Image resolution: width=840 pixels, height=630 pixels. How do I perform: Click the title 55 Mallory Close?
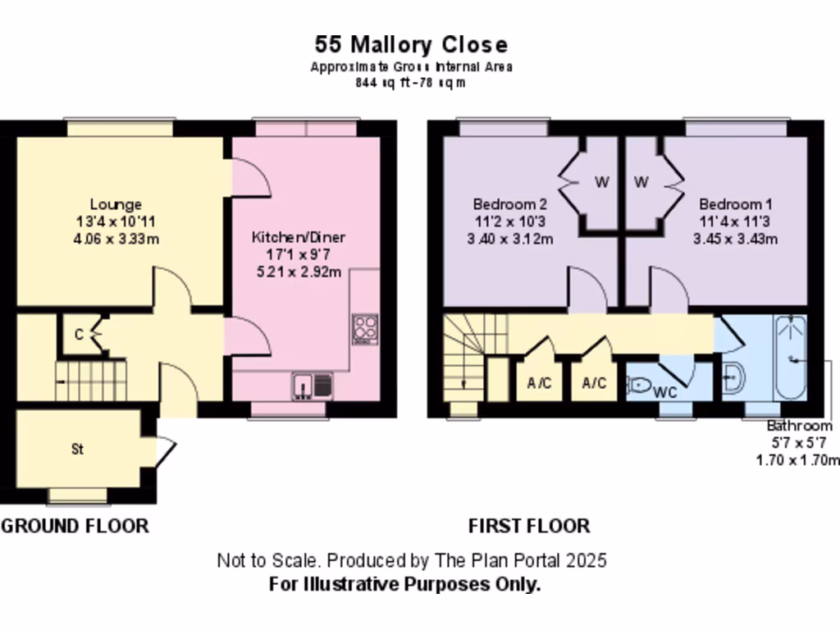tap(411, 44)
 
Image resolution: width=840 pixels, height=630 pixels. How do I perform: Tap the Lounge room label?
tap(116, 204)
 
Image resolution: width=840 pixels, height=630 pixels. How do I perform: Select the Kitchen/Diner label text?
tap(299, 238)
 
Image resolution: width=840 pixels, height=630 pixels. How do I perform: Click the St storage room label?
tap(78, 450)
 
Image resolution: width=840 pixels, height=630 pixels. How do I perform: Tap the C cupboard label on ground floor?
tap(79, 334)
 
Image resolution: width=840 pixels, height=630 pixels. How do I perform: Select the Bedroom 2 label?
tap(509, 204)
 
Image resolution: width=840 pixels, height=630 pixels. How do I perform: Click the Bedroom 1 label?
tap(735, 204)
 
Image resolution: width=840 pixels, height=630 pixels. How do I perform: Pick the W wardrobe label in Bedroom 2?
tap(601, 182)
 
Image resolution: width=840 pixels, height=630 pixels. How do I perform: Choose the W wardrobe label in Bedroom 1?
tap(641, 182)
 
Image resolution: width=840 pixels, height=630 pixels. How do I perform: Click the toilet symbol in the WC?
tap(640, 383)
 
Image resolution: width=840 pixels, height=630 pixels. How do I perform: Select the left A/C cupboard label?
tap(540, 383)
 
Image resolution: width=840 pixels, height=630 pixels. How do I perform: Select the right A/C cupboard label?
tap(594, 383)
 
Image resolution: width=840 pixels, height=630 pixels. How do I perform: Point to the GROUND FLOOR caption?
tap(75, 526)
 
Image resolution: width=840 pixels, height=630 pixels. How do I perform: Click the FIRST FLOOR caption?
tap(528, 526)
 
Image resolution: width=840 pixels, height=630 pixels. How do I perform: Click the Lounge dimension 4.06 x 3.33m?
tap(116, 239)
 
